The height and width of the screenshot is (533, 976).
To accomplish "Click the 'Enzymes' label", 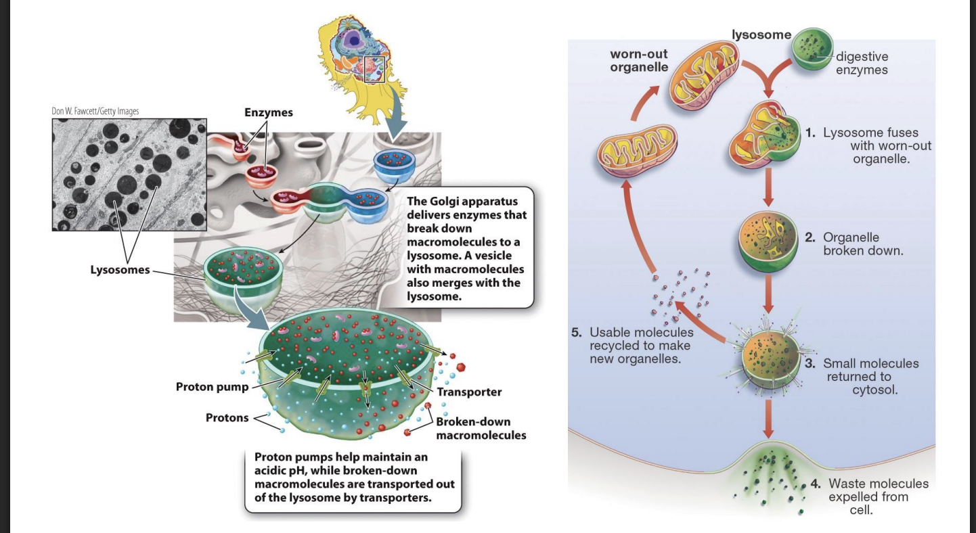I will pos(269,112).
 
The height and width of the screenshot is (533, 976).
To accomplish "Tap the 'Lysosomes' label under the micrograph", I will pos(120,271).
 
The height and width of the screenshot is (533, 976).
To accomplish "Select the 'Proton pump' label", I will pos(212,388).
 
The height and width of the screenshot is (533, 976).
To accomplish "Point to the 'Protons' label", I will pos(227,417).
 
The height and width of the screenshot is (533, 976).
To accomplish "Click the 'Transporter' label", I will pos(469,392).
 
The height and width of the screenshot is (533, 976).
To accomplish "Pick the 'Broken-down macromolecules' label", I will pos(481,428).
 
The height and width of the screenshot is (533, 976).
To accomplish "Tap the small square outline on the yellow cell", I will pos(374,70).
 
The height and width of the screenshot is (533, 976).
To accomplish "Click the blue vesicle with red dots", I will pos(397,160).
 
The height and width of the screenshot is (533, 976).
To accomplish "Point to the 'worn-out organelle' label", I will pos(638,60).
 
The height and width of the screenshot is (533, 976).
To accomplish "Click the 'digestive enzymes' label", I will pos(862,63).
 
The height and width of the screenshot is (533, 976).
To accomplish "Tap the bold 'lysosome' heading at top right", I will pos(761,34).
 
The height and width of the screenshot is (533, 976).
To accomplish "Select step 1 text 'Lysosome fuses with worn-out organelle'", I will pos(877,145).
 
